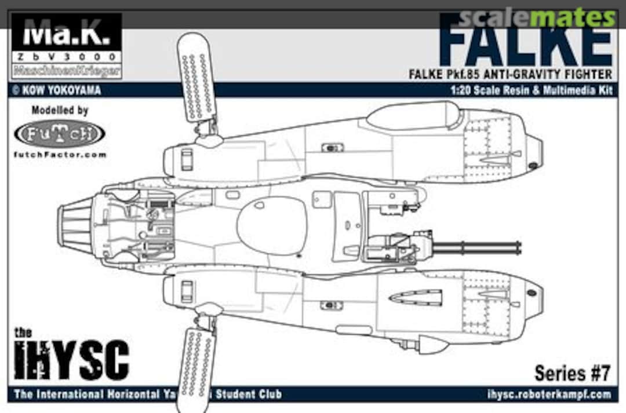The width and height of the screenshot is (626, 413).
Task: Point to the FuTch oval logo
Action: (x=59, y=134)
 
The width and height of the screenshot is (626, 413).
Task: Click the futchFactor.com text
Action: (x=59, y=155)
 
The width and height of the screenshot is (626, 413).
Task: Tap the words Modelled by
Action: (x=60, y=110)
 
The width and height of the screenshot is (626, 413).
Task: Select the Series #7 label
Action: (x=572, y=374)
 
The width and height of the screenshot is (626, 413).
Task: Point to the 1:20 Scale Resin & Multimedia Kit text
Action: (x=531, y=90)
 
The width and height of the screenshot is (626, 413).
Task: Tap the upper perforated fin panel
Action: (x=196, y=78)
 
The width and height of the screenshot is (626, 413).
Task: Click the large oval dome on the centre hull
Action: (x=272, y=225)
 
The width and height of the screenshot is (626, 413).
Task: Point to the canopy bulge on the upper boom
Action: (x=412, y=115)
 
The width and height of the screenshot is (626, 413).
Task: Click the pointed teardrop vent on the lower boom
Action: (x=416, y=298)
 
